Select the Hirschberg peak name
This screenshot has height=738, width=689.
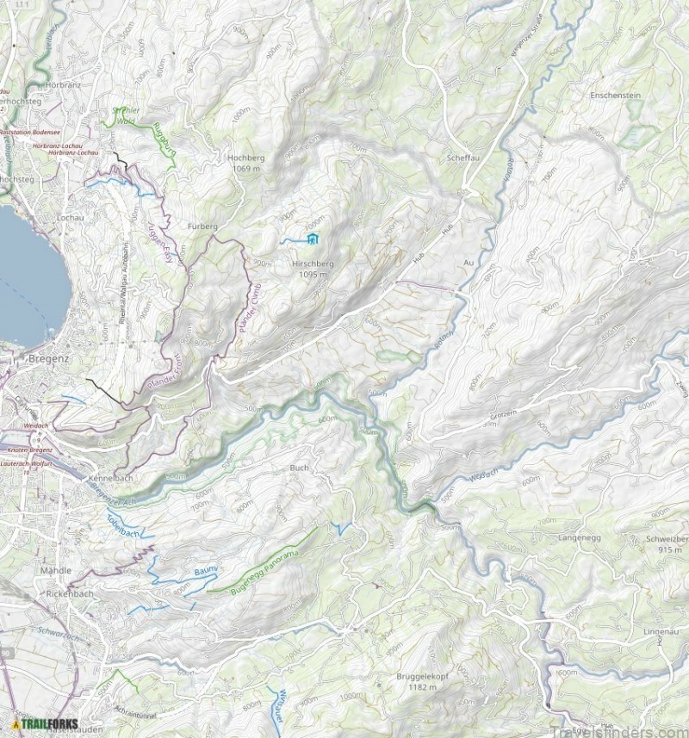(312, 264)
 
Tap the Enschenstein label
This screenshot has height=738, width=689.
(615, 96)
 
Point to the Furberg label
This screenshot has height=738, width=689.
(202, 226)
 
